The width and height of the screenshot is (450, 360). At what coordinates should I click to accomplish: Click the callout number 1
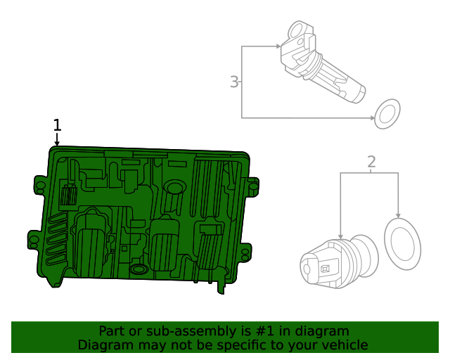(x=58, y=125)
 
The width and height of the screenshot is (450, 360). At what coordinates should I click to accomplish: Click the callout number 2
(x=371, y=162)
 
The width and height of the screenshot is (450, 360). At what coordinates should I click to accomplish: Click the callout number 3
(x=234, y=82)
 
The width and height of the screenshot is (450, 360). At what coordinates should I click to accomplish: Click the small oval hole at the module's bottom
(x=139, y=269)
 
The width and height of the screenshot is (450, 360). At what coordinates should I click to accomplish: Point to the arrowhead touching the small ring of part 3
(x=372, y=117)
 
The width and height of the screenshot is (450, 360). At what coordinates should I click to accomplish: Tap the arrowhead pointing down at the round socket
(x=340, y=238)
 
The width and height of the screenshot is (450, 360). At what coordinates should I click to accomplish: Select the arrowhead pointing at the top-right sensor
(x=280, y=47)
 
